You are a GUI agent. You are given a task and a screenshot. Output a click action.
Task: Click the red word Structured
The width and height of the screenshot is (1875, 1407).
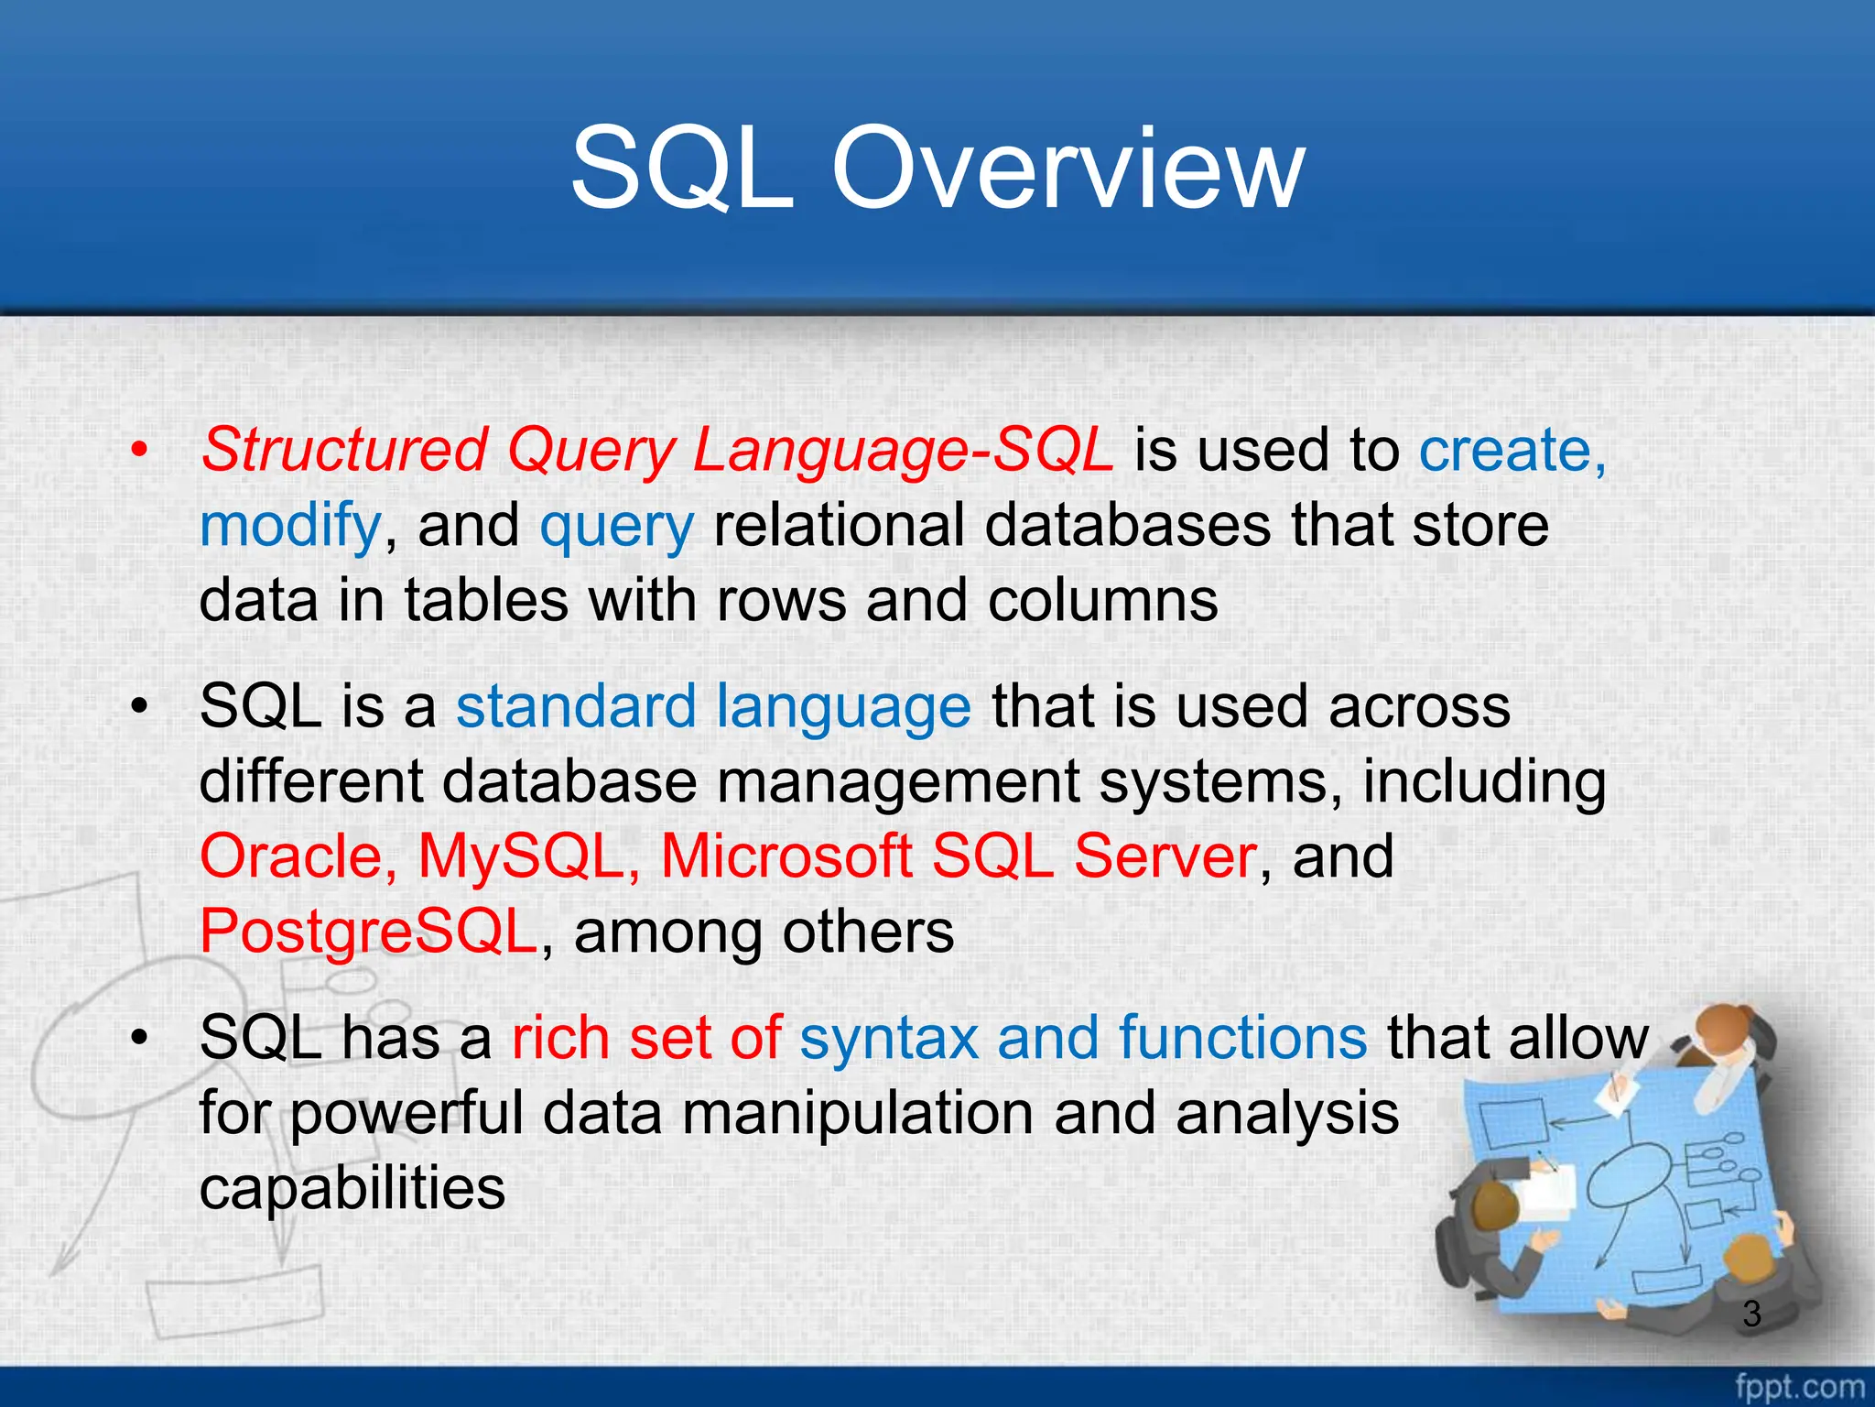[x=344, y=451]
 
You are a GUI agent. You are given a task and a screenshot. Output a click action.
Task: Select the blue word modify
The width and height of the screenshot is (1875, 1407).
[x=289, y=527]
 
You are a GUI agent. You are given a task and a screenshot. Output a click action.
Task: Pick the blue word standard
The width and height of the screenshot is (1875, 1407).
[x=577, y=707]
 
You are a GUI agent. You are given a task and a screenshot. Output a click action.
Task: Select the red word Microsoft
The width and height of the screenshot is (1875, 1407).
[x=786, y=857]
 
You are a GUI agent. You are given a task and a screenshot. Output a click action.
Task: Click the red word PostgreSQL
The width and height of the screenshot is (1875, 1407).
[x=368, y=933]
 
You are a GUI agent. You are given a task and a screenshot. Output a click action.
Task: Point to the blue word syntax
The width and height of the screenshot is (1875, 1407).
[x=888, y=1040]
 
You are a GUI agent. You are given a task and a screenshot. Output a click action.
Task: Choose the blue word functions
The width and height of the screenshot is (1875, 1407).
[x=1242, y=1038]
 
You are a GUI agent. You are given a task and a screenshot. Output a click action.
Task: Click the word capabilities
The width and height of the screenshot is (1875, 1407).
[x=352, y=1189]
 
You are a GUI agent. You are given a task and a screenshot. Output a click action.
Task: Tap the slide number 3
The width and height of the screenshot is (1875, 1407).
[x=1751, y=1314]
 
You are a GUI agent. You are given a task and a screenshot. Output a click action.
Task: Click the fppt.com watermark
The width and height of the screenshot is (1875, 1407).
[x=1799, y=1386]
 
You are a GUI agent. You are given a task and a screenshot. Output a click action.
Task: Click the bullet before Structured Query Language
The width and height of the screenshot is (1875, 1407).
[x=138, y=451]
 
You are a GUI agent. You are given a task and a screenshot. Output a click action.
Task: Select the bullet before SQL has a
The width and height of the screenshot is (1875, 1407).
[x=138, y=1039]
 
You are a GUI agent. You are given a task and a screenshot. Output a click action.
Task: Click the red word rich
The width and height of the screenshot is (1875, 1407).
[x=560, y=1038]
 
